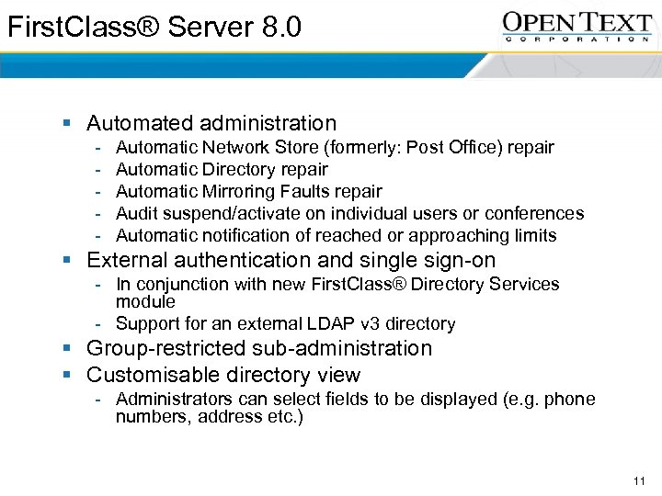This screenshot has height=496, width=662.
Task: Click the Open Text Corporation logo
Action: click(x=577, y=26)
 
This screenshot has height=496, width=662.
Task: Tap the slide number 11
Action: click(x=640, y=481)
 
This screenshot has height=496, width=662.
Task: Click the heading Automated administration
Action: click(x=211, y=123)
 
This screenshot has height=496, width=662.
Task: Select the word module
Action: click(x=145, y=301)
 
